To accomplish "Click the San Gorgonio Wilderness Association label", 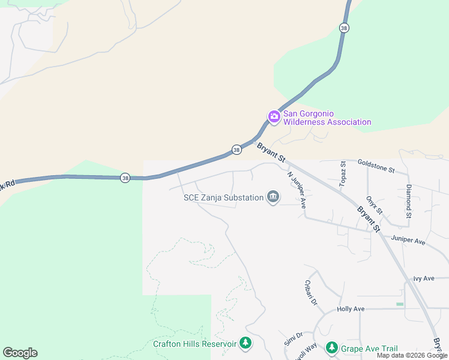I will (x=327, y=118).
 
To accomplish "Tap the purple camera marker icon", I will (x=274, y=116).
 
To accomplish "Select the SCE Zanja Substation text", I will (x=224, y=197).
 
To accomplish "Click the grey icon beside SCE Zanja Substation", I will (x=273, y=197).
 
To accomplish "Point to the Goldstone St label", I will (x=376, y=166).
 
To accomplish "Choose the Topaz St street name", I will (x=343, y=174).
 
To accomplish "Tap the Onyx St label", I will (x=374, y=205).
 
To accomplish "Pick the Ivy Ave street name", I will (x=424, y=278).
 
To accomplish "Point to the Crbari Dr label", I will (x=310, y=293).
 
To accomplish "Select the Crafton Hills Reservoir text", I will (x=194, y=344).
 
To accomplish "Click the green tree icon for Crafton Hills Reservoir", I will (x=245, y=343).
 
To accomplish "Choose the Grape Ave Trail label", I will (x=369, y=349).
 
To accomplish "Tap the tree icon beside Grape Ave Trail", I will (x=331, y=347).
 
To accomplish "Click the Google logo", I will (x=20, y=353).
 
